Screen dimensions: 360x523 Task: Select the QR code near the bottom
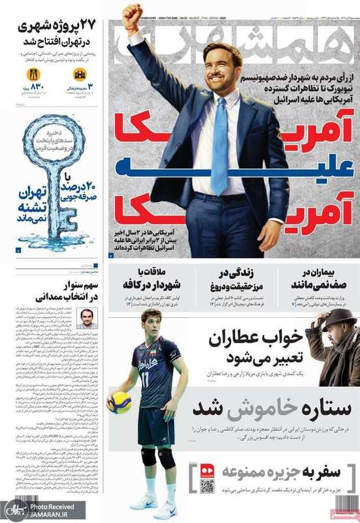(207, 486)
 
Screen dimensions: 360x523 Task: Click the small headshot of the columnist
(85, 318)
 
